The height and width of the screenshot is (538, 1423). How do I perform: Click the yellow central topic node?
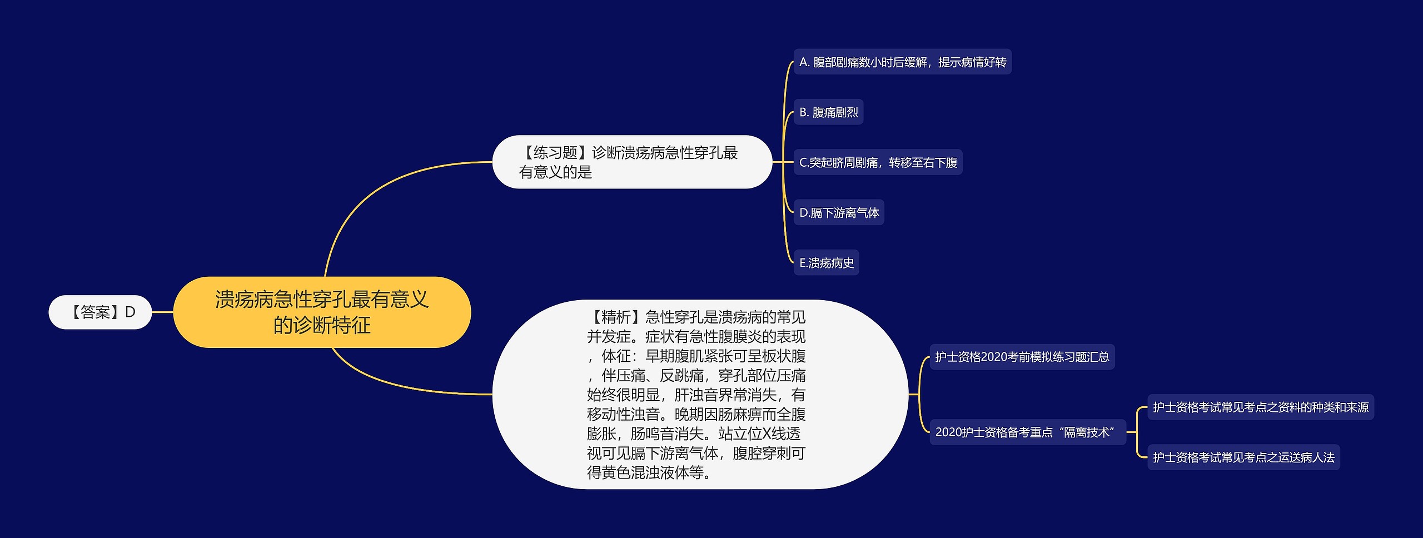(322, 312)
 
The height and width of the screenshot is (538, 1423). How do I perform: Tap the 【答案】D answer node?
(100, 312)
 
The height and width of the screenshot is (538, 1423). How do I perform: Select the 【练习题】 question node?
(631, 162)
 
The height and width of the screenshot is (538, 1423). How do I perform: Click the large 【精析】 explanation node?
(699, 394)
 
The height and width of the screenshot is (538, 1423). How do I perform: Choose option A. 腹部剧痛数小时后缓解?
(902, 62)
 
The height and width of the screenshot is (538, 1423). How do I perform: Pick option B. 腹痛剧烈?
(828, 112)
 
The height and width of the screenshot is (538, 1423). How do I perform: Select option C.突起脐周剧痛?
(877, 162)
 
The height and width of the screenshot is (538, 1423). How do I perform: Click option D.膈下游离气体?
(838, 212)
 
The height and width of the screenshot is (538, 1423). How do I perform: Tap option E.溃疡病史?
(826, 263)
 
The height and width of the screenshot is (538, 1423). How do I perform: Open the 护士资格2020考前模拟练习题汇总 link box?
(1022, 357)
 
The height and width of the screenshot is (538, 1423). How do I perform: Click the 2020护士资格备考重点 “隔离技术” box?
(1027, 432)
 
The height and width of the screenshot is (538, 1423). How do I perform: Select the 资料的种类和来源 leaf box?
(1260, 407)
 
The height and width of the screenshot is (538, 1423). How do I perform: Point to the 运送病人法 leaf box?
(1243, 457)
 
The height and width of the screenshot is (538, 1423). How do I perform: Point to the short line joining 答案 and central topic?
(162, 312)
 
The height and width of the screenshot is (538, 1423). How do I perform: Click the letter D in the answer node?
(130, 312)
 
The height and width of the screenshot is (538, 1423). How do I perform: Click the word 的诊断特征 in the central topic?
(322, 325)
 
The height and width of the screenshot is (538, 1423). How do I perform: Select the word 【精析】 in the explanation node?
(615, 317)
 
